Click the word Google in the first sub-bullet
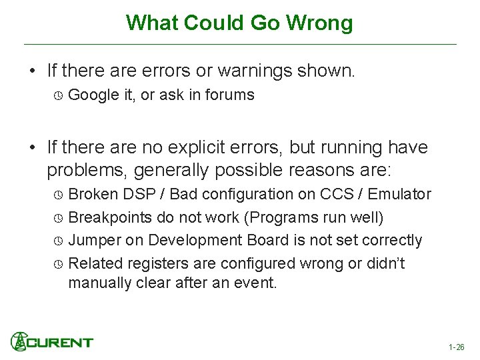(93, 95)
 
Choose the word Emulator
(399, 195)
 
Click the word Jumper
(94, 241)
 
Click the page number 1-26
(457, 347)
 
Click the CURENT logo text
(60, 343)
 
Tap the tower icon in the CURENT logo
(18, 341)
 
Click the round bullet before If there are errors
(32, 71)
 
